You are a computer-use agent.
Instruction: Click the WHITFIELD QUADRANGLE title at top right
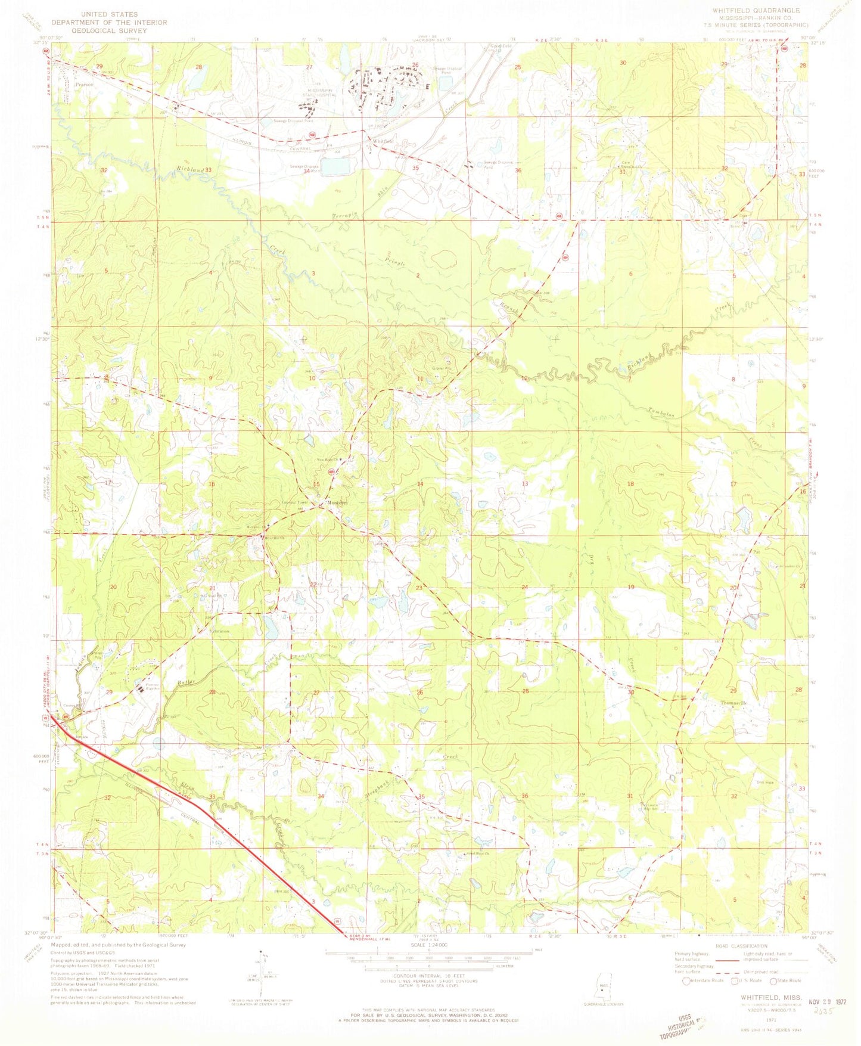pos(752,11)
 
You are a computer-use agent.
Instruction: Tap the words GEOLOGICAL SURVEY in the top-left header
pos(108,31)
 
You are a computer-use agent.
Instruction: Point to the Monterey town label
pos(337,503)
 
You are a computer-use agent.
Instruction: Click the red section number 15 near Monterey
pos(316,484)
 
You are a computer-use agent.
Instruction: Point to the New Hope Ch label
pos(327,460)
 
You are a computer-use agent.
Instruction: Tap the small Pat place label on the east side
pos(757,552)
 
